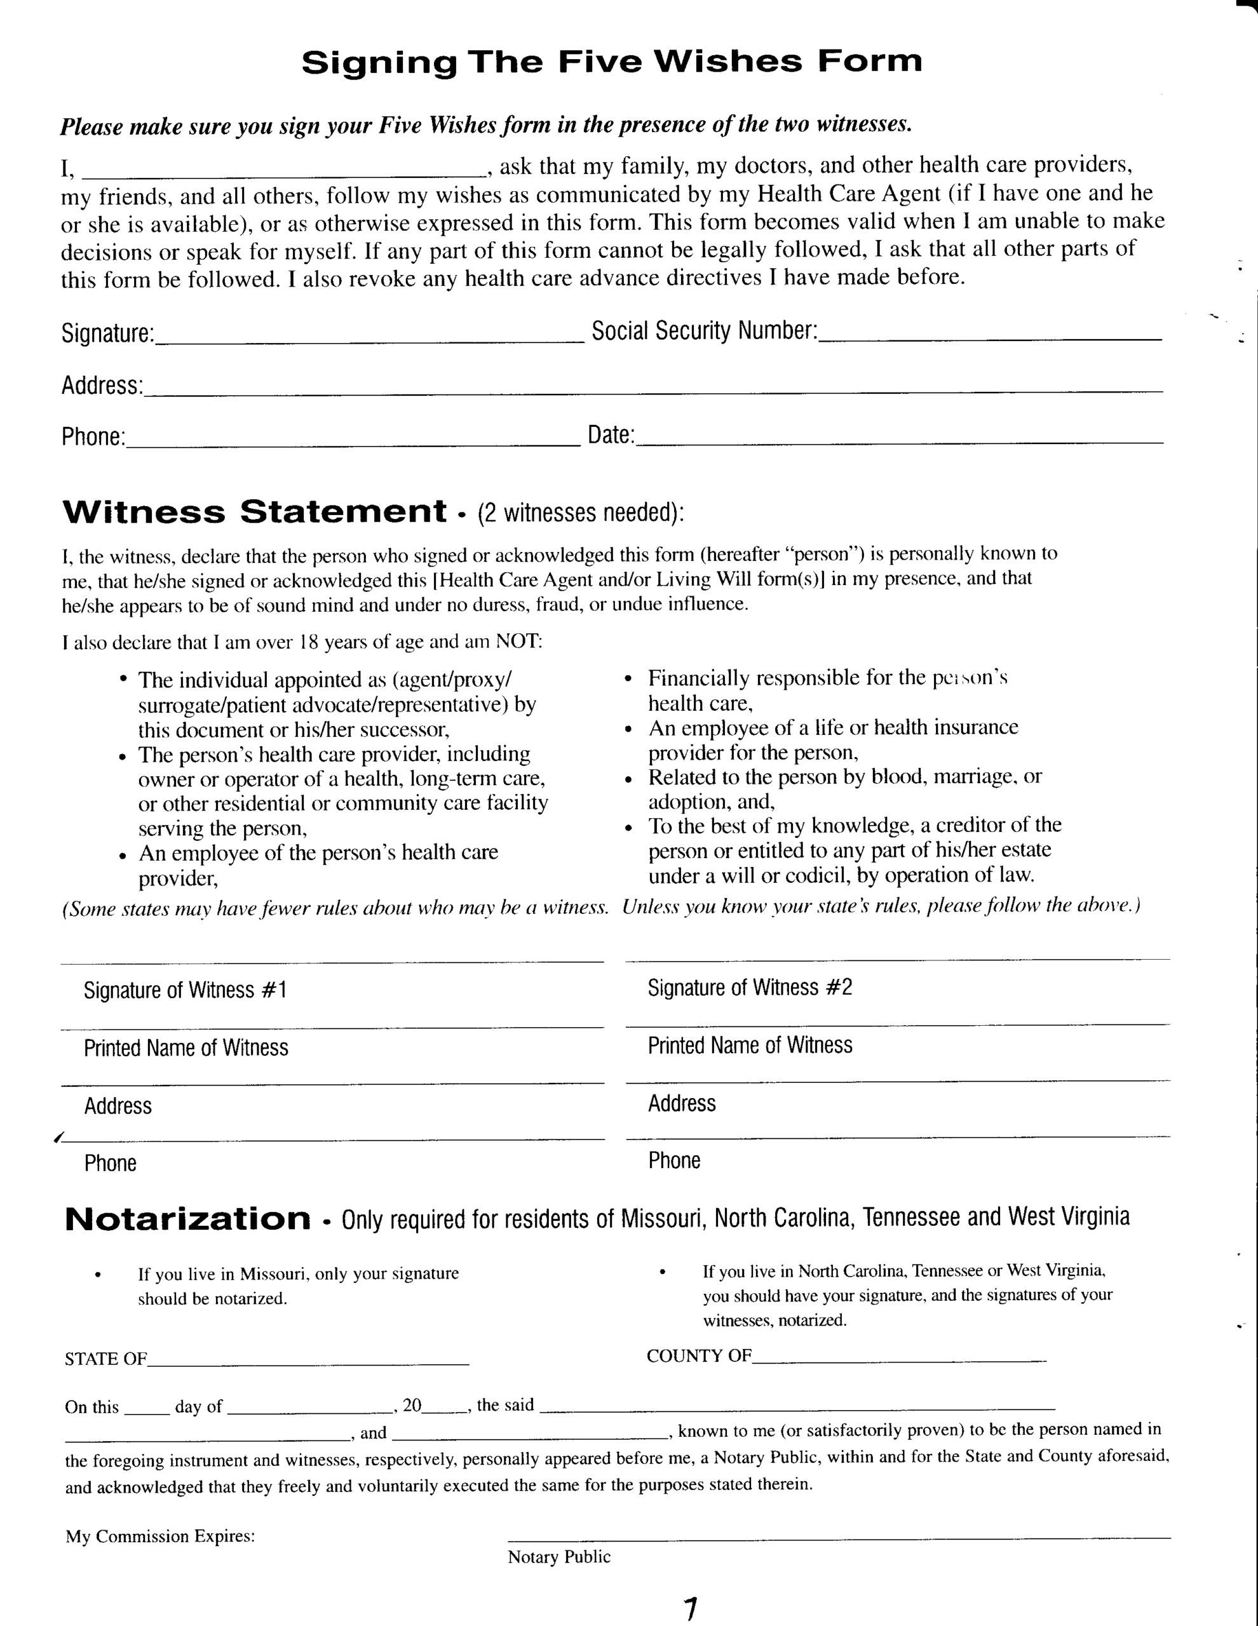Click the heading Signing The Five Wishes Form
[x=611, y=62]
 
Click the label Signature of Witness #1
[x=186, y=990]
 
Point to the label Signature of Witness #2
[x=749, y=988]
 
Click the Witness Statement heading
[x=255, y=512]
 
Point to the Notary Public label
[x=558, y=1557]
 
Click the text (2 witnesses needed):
[x=580, y=513]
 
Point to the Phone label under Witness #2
[x=674, y=1160]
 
